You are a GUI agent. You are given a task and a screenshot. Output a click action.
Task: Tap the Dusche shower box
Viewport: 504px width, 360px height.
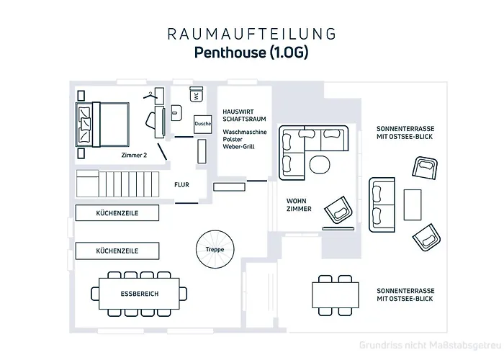point(202,125)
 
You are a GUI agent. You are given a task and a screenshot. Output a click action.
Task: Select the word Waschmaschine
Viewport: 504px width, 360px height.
point(246,132)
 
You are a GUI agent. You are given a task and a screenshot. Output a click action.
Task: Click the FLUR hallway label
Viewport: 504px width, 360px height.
point(181,185)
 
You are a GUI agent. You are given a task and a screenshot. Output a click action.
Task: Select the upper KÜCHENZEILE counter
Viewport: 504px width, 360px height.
point(117,214)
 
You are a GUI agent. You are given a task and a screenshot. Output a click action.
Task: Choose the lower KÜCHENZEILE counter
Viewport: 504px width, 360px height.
point(117,251)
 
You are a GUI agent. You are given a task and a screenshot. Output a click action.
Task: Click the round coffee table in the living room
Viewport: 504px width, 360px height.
point(318,164)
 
